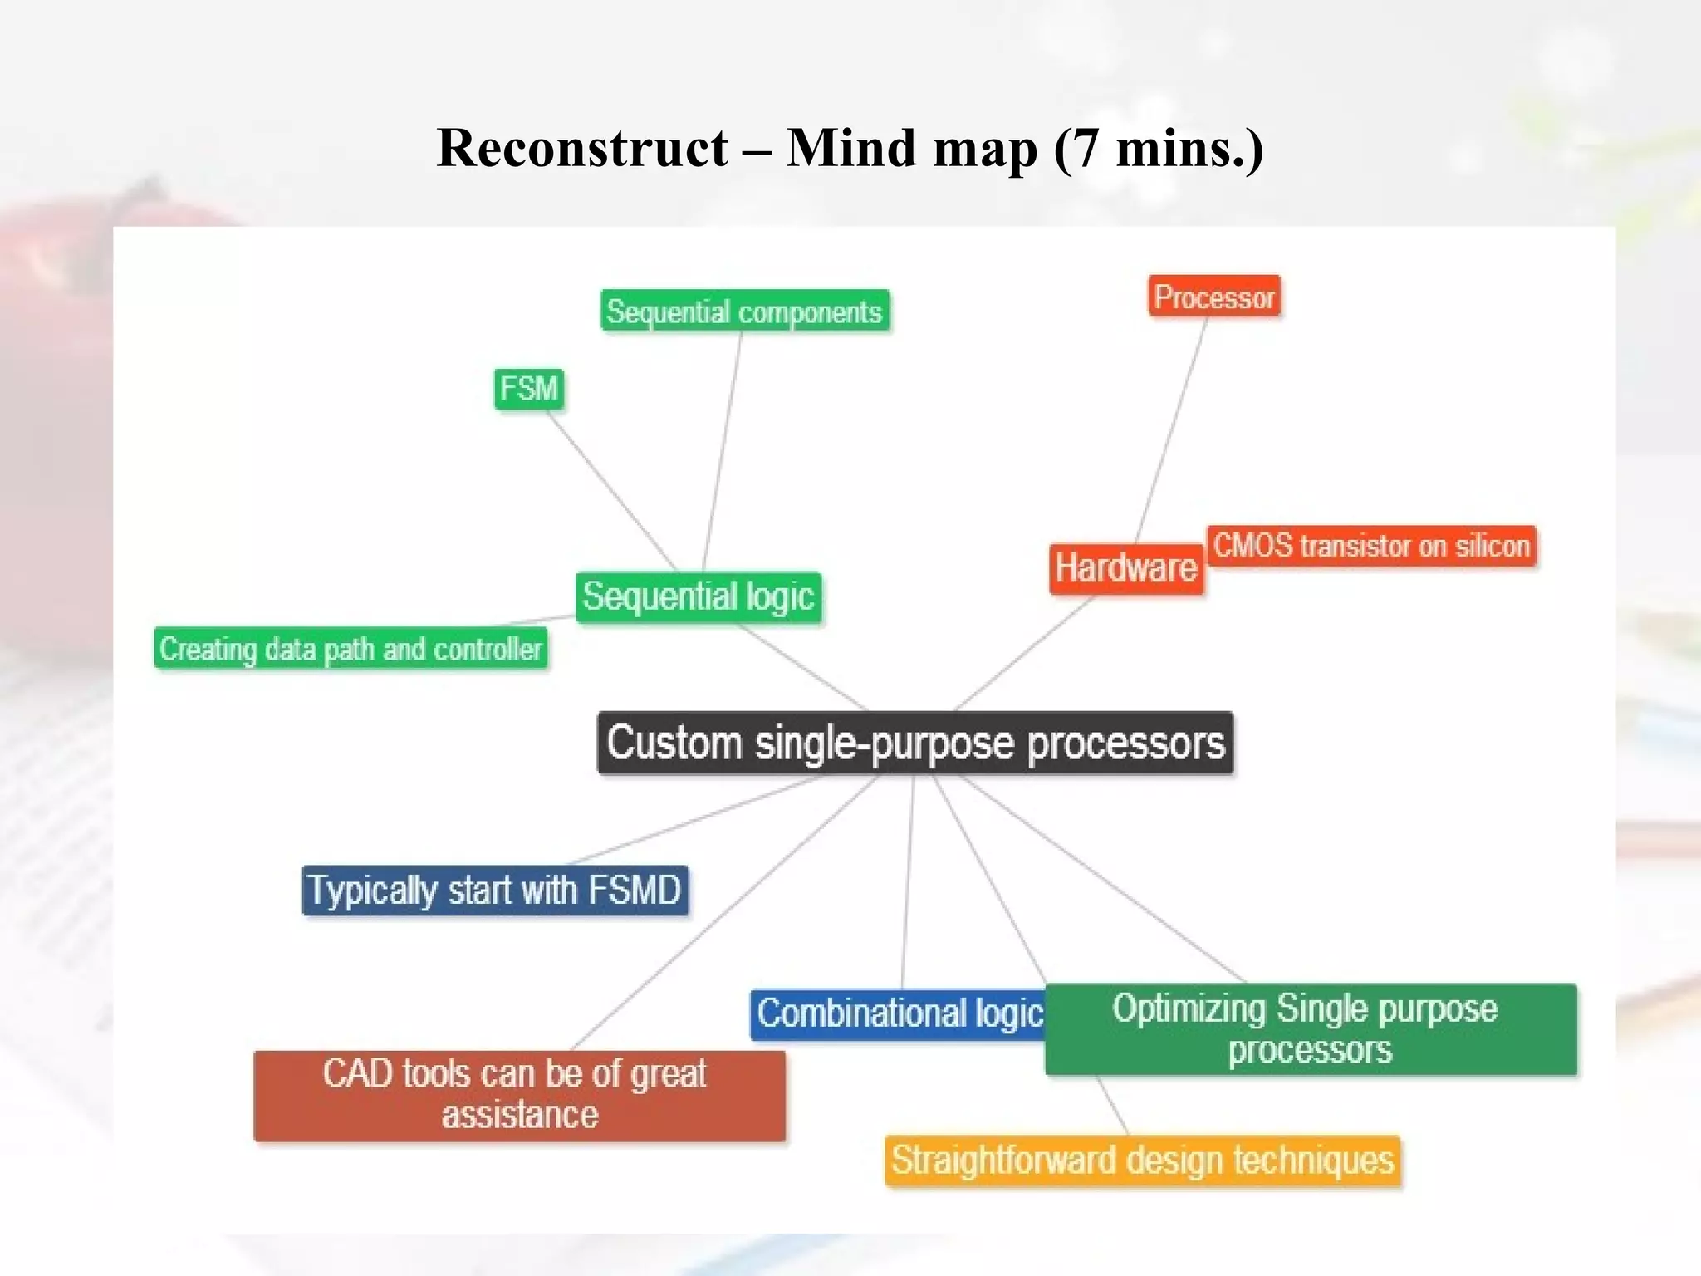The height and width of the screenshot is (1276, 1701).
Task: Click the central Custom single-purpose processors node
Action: (915, 743)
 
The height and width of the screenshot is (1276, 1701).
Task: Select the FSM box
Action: (529, 389)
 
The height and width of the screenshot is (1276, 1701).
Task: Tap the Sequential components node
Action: (744, 312)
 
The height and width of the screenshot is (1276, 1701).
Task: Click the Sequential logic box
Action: (699, 597)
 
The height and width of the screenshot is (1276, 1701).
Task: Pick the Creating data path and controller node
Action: (350, 649)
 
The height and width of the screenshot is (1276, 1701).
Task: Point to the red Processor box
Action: (1214, 297)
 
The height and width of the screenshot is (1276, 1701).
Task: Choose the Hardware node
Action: (1125, 569)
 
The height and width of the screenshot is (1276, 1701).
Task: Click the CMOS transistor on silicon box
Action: (1371, 546)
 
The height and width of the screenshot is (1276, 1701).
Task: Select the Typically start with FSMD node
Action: (495, 891)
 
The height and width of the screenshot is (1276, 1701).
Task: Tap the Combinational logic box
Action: (899, 1014)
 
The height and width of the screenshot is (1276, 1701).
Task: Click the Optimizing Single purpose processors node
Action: (1310, 1029)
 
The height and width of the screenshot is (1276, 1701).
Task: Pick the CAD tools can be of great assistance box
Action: (519, 1095)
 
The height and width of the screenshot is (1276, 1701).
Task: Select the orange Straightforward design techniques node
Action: (1142, 1161)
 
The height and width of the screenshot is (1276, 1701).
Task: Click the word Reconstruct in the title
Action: (582, 149)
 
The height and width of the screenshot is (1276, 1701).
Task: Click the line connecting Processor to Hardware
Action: (1171, 430)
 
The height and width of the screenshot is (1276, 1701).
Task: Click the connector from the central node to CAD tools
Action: (723, 914)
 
